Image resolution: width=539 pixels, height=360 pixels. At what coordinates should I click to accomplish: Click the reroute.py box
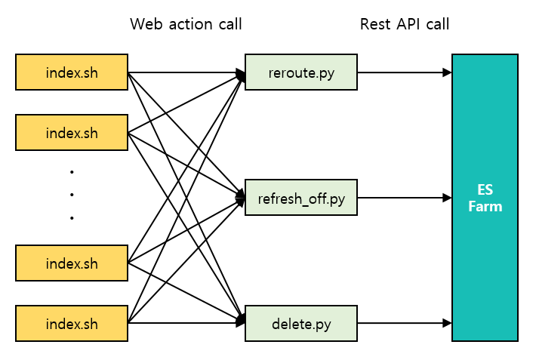pos(301,72)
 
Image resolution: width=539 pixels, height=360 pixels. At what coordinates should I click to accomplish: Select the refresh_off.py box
pos(301,198)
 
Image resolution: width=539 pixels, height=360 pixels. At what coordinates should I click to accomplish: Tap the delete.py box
pos(301,325)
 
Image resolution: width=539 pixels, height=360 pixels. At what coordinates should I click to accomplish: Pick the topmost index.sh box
pos(72,72)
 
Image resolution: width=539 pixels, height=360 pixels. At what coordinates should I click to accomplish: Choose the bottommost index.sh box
pos(72,325)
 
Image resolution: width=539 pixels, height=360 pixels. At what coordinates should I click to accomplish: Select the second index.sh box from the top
pos(72,134)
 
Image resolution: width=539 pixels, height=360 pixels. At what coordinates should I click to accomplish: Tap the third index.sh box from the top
pos(72,263)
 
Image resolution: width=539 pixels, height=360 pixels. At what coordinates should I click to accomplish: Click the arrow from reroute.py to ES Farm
pos(404,72)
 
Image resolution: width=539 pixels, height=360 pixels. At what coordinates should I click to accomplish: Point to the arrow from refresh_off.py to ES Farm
pos(404,198)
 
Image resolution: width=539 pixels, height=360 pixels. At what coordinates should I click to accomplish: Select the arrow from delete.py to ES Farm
pos(404,325)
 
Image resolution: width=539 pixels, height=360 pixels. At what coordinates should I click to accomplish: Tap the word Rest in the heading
pos(375,24)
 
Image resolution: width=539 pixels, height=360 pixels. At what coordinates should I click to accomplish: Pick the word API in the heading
pos(408,24)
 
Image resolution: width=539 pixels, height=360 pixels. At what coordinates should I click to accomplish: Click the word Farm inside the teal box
pos(485,206)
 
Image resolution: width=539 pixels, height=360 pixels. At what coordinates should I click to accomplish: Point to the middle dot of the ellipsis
pos(72,195)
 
